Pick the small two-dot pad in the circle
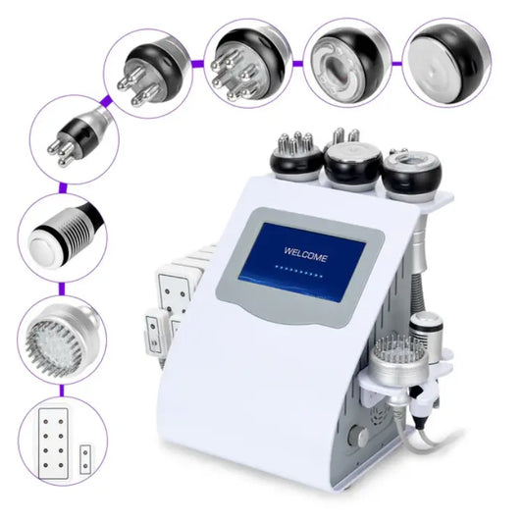tap(87, 455)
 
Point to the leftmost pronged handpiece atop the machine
tap(294, 154)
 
